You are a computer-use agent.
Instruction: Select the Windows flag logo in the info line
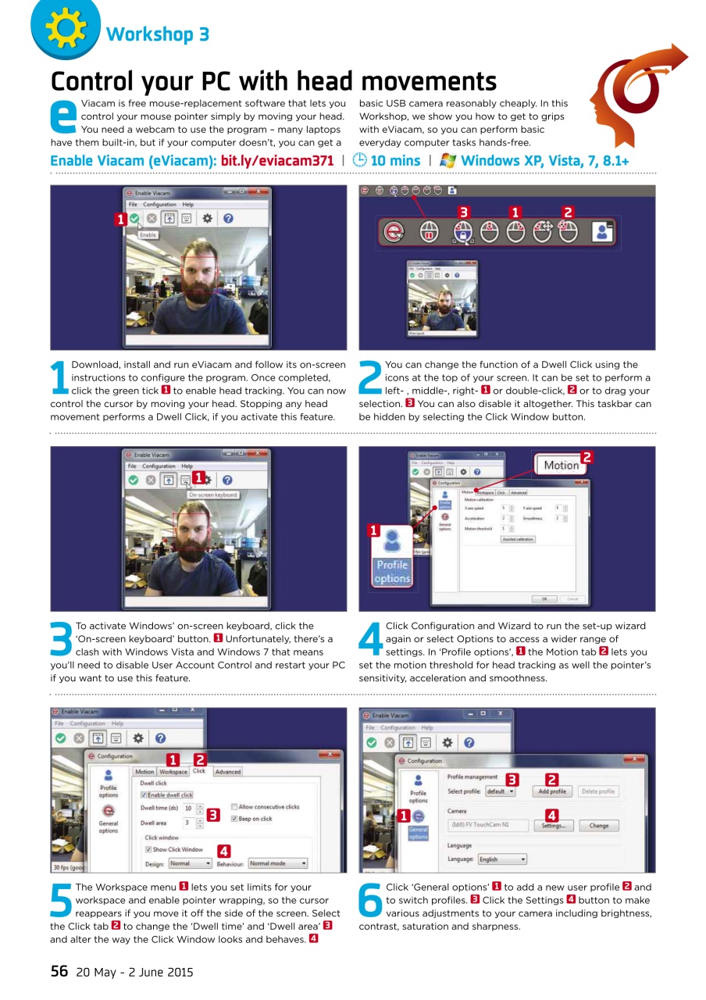coord(448,160)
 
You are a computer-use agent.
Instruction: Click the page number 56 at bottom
coord(59,971)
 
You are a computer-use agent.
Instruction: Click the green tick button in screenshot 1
coord(134,220)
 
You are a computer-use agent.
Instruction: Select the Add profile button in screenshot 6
coord(552,791)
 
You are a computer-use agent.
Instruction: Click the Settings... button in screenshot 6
coord(553,826)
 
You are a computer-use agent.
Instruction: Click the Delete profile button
coord(598,791)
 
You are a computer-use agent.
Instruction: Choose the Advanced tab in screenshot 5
coord(228,772)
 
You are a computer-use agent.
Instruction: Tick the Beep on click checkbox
coord(234,819)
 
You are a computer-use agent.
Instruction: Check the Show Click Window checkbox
coord(148,849)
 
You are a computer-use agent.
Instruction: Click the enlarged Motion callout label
coord(562,466)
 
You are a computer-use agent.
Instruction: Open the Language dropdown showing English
coord(501,859)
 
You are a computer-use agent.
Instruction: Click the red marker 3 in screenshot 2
coord(463,212)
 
